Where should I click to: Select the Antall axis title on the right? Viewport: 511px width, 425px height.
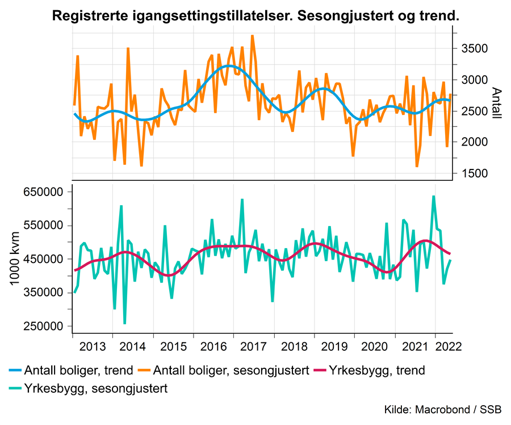click(x=496, y=103)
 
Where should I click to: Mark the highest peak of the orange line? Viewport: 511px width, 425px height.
click(x=252, y=36)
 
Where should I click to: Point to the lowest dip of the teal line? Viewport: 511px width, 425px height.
click(x=124, y=324)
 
